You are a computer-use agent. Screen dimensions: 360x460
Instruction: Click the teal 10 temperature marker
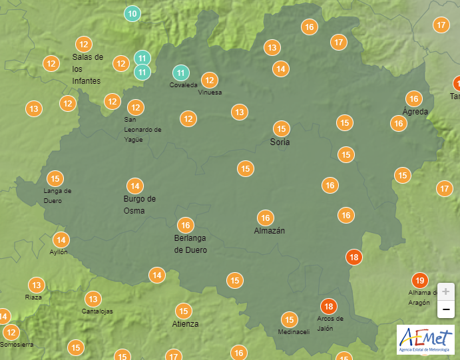coord(132,13)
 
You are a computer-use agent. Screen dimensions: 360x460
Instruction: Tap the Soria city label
coord(280,142)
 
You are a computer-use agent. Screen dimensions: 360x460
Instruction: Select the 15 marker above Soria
coord(282,128)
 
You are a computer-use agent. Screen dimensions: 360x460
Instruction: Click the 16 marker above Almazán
coord(266,218)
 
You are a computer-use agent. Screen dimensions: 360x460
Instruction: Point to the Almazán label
coord(270,231)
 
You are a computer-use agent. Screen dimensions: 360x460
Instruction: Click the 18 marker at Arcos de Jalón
coord(328,307)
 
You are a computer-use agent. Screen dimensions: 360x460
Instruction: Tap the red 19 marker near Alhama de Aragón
coord(419,280)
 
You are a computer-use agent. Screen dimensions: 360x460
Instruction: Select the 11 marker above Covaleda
coord(180,73)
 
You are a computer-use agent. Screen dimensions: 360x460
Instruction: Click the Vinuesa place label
coord(210,92)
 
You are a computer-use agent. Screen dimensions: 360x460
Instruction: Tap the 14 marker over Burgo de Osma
coord(135,186)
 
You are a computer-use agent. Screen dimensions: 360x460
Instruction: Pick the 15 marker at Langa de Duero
coord(55,178)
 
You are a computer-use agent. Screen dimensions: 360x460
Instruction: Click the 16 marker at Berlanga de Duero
coord(185,225)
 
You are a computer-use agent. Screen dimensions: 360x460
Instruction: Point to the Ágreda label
coord(415,111)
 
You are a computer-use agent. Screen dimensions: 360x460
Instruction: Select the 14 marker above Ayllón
coord(61,240)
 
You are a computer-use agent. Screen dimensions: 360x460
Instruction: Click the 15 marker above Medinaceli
coord(289,319)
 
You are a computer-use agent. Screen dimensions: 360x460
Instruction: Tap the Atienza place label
coord(184,324)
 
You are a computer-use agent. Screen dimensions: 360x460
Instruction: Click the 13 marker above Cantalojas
coord(93,299)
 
